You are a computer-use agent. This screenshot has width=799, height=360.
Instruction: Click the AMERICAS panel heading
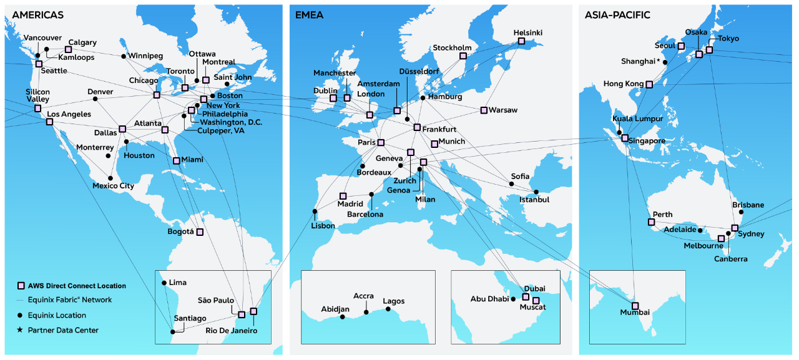(37, 14)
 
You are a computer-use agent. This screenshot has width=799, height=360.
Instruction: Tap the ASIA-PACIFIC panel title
(617, 14)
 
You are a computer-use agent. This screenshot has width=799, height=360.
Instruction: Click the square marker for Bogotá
(200, 232)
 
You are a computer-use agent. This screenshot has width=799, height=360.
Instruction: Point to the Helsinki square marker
(521, 42)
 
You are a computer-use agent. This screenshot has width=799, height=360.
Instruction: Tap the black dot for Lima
(164, 283)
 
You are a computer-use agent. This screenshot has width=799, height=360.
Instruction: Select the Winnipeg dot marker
(124, 56)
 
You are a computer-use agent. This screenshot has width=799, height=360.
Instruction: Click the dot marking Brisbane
(742, 212)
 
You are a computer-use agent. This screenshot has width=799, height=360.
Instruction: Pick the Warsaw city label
(503, 110)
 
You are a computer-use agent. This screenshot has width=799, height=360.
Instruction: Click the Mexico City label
(113, 186)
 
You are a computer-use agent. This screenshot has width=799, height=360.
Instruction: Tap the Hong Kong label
(623, 84)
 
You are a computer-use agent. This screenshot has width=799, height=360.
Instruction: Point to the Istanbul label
(534, 200)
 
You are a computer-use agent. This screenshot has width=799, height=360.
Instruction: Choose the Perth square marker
(651, 222)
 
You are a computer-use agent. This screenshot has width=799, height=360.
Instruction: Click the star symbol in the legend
(21, 330)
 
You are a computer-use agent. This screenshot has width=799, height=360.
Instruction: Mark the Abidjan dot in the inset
(343, 317)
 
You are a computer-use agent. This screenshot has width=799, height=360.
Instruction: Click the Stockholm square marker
(463, 56)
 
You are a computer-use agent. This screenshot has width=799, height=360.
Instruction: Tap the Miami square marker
(177, 161)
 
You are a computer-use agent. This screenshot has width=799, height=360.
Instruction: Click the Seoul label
(665, 46)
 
